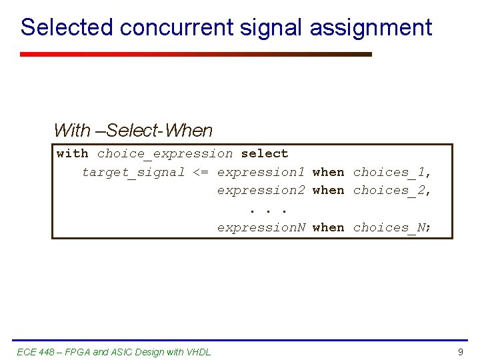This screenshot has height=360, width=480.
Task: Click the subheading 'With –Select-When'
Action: click(x=133, y=131)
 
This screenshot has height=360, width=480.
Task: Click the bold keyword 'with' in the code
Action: click(x=73, y=153)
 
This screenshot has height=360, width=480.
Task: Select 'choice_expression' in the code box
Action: click(x=165, y=153)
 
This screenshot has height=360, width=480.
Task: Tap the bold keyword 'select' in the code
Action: click(x=265, y=153)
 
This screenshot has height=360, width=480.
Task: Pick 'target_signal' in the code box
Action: click(x=133, y=172)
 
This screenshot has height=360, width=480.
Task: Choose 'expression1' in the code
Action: click(x=261, y=172)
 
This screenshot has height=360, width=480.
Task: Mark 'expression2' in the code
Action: click(x=261, y=190)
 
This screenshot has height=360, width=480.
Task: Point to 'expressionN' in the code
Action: click(x=261, y=227)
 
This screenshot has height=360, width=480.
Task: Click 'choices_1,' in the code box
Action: click(x=393, y=172)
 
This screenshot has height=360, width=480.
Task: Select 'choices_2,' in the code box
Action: click(x=393, y=190)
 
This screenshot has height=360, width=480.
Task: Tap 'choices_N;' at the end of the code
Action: click(x=393, y=227)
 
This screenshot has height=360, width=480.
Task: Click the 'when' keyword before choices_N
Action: click(x=329, y=227)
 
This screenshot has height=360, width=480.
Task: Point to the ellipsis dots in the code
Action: click(x=269, y=210)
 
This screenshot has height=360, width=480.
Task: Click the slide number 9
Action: click(x=460, y=352)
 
